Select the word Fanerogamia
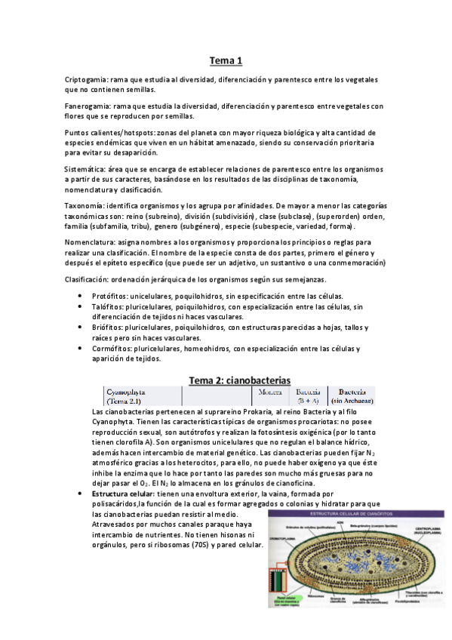click(89, 106)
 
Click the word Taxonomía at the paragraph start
click(85, 206)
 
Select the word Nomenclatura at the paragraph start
click(90, 242)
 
